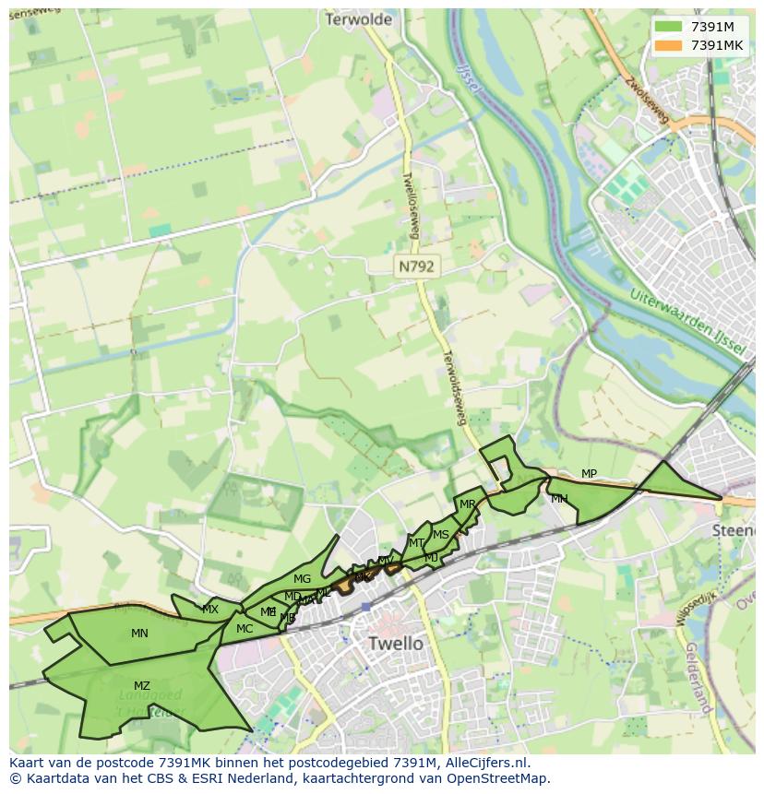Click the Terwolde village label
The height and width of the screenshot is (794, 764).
(x=359, y=19)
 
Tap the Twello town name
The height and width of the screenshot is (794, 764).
(x=395, y=643)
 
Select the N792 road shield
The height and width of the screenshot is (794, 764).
(x=417, y=267)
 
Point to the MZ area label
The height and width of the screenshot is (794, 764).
(x=141, y=686)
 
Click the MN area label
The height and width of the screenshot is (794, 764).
(x=139, y=634)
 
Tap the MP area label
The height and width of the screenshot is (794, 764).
(x=589, y=474)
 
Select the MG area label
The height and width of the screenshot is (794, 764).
(x=302, y=579)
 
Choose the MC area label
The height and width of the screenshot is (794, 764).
(x=245, y=629)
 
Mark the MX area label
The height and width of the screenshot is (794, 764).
(x=210, y=610)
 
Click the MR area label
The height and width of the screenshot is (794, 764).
(x=468, y=504)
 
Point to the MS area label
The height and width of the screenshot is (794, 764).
(x=441, y=535)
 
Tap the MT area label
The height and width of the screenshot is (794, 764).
(x=416, y=543)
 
